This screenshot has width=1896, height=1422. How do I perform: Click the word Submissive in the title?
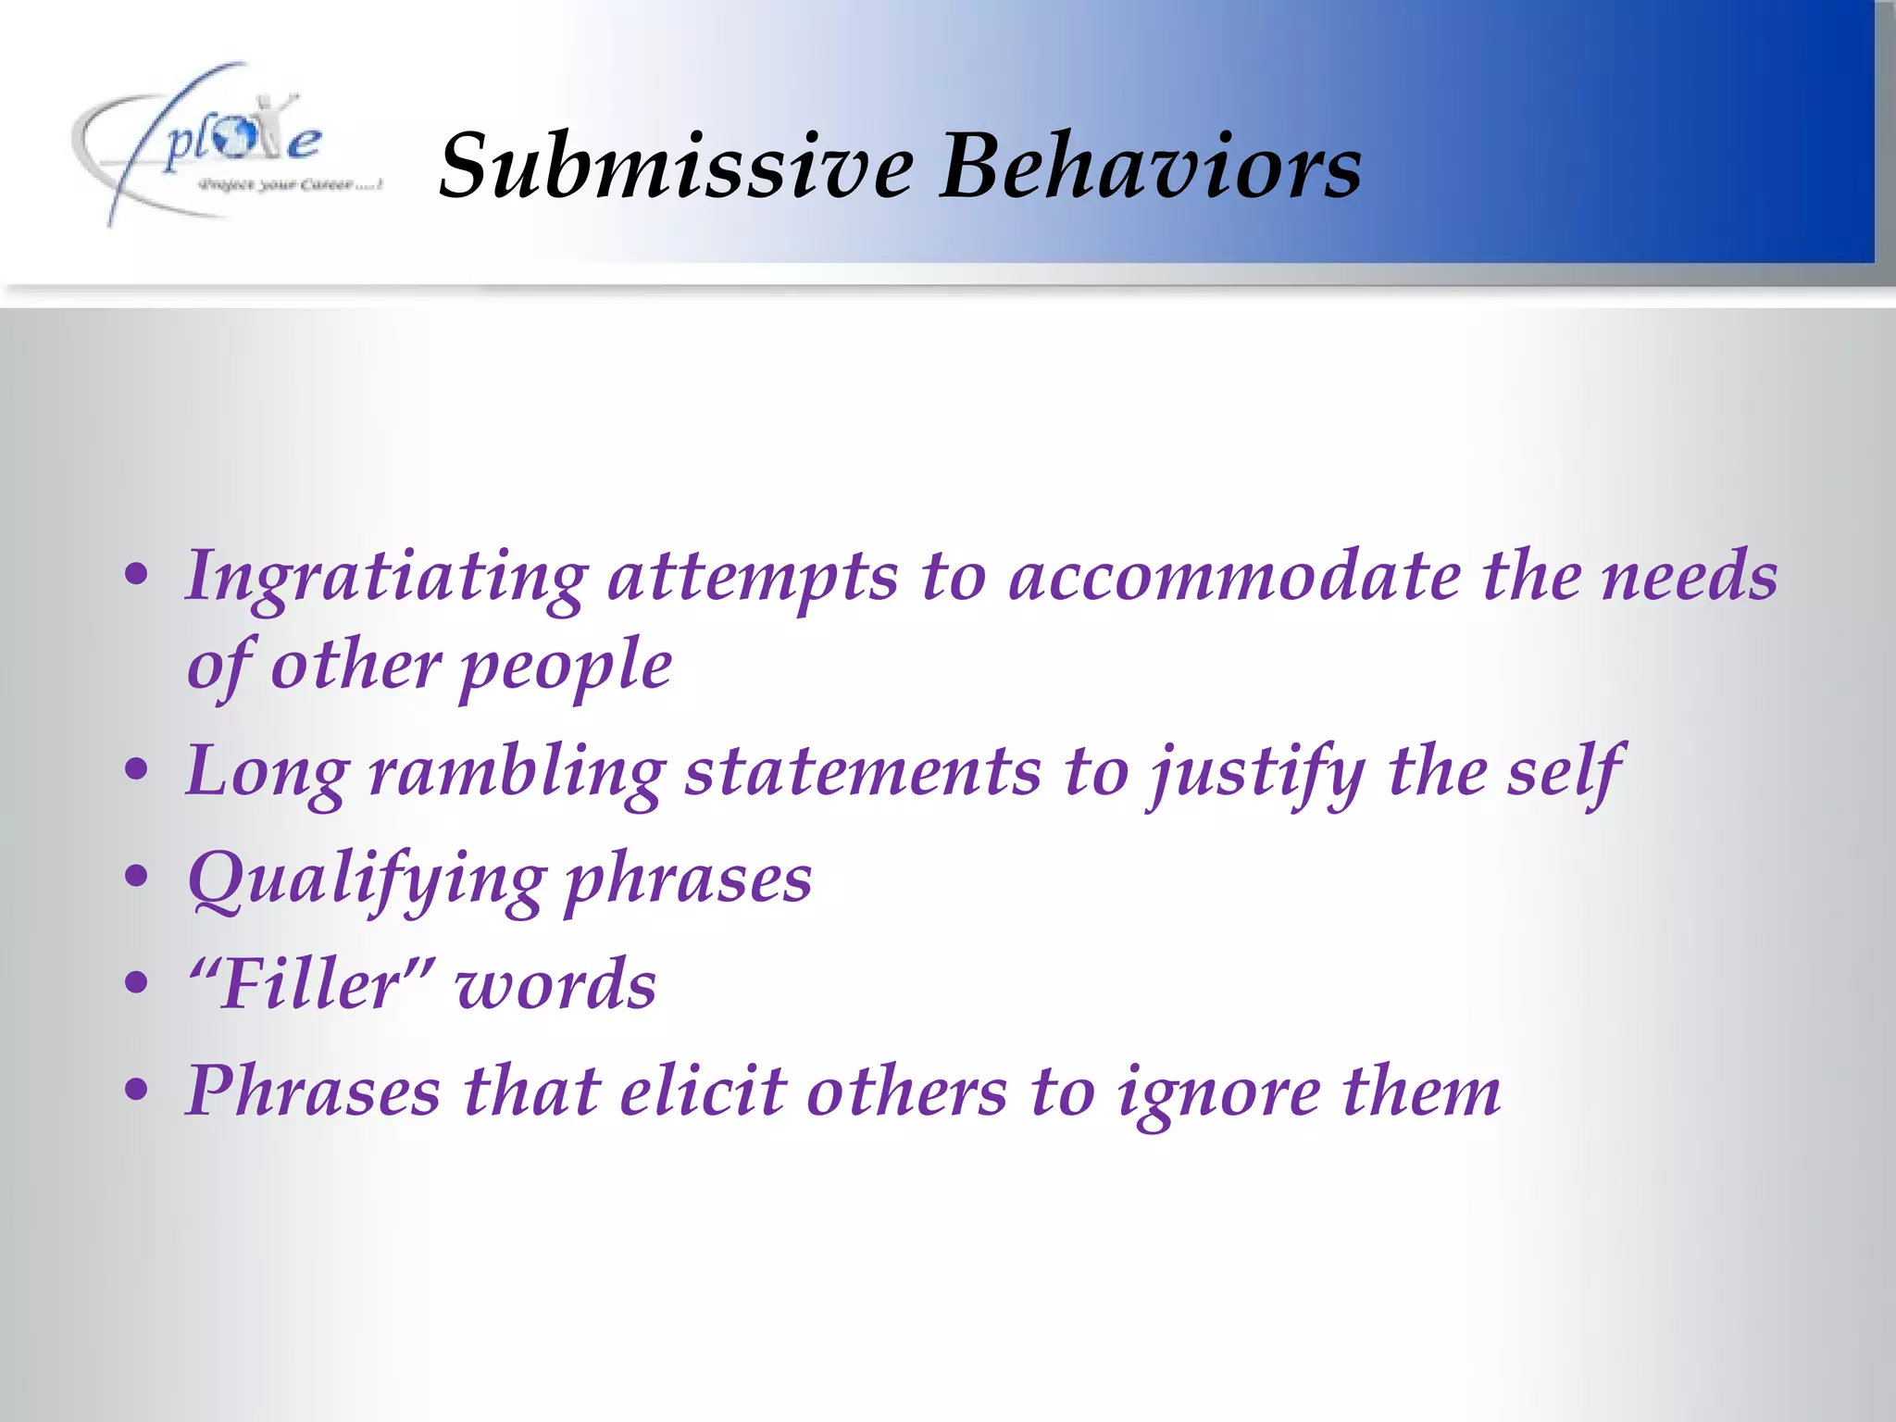point(676,167)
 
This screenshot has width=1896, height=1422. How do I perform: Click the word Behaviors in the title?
point(1150,167)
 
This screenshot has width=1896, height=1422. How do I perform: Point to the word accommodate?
point(1234,576)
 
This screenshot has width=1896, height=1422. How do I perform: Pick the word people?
point(565,667)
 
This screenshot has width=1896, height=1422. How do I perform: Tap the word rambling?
point(517,773)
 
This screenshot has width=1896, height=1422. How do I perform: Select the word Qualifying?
point(366,879)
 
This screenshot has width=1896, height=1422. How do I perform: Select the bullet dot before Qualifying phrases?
point(136,876)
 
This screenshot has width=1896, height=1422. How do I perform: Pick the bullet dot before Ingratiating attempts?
point(136,574)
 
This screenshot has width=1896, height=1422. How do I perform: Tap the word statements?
point(863,773)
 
